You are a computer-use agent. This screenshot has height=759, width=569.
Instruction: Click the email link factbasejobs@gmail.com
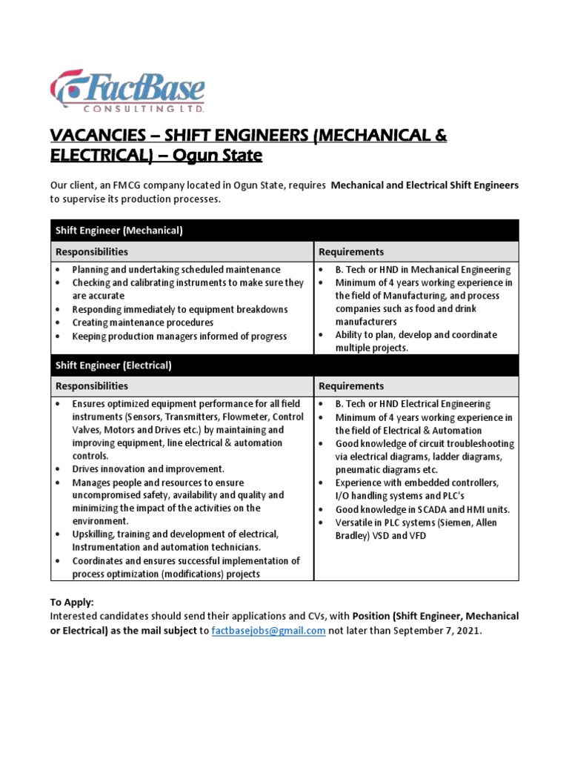268,631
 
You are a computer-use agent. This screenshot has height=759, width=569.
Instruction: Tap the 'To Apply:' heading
72,603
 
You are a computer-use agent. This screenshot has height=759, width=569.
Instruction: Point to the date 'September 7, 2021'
436,631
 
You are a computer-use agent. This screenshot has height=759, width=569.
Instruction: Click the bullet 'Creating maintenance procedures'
142,323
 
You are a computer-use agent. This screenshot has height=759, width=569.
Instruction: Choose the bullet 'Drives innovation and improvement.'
148,469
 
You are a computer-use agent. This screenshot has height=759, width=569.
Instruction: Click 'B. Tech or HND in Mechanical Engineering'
422,270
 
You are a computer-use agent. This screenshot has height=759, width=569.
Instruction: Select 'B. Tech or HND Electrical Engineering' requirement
412,404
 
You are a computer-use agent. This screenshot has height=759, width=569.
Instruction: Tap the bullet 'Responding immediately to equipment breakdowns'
180,310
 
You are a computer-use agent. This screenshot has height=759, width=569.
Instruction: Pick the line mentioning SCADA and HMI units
422,510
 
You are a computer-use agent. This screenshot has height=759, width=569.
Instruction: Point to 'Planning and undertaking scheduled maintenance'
176,270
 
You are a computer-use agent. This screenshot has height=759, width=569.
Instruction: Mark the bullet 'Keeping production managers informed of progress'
179,337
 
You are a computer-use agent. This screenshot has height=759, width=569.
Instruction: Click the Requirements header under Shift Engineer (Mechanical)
351,252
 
